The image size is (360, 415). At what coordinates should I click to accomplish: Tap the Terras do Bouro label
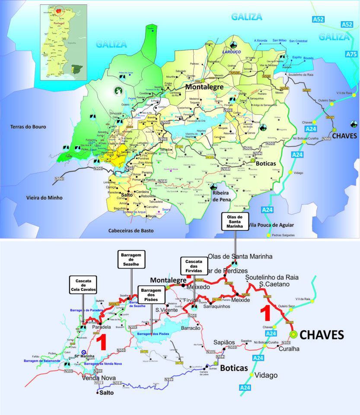(29, 127)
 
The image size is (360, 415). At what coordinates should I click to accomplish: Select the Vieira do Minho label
(45, 198)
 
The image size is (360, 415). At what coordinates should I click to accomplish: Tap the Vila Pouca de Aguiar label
(271, 225)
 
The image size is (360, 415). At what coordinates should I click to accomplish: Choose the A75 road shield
(352, 54)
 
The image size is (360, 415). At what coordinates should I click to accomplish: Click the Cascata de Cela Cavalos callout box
(83, 284)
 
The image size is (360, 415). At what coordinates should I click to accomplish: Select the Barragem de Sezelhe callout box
(131, 259)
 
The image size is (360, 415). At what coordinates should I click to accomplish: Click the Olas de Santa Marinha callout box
(235, 221)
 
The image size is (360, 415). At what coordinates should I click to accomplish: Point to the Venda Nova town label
(99, 378)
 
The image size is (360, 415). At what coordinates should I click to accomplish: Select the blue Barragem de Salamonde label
(41, 360)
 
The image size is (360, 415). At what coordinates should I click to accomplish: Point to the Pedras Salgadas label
(284, 235)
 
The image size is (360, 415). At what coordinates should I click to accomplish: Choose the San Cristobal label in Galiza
(298, 41)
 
